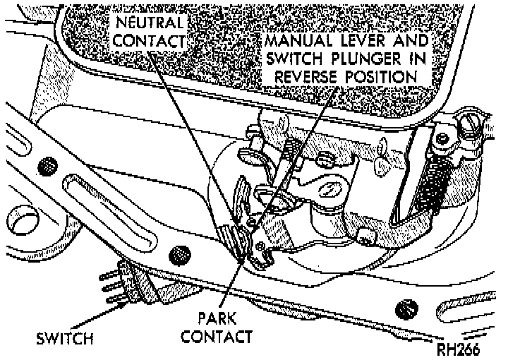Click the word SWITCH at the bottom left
65,339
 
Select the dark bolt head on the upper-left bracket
47,166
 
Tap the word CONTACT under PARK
216,336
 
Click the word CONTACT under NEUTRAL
150,40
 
